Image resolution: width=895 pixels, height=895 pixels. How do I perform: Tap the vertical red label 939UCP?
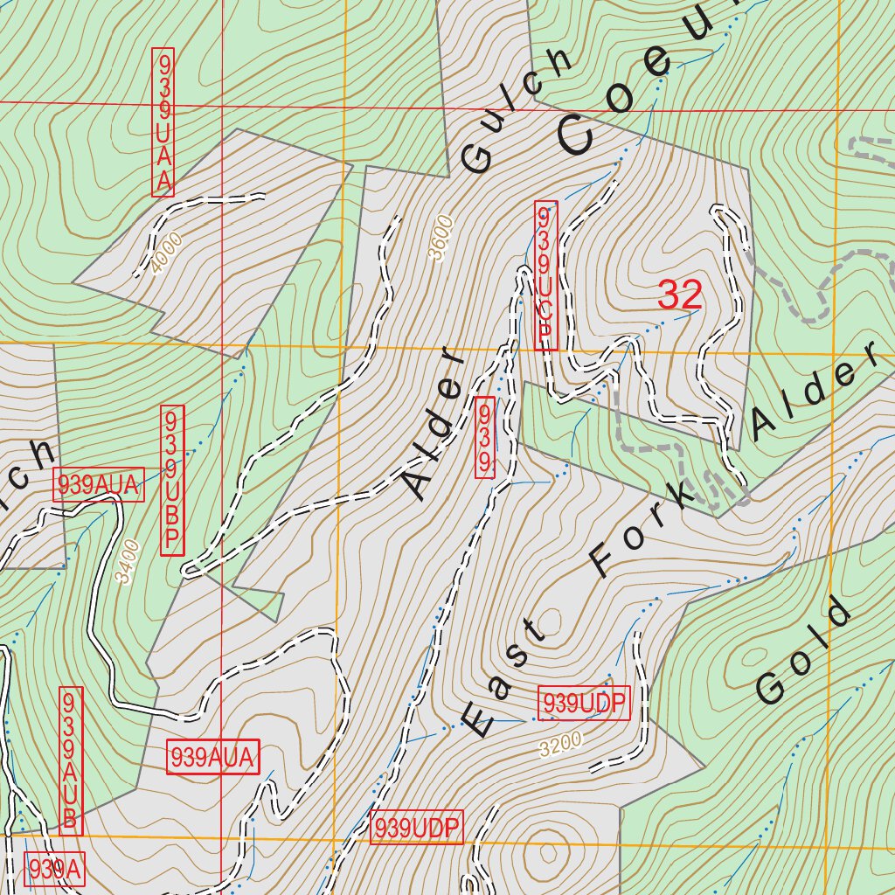[x=545, y=275]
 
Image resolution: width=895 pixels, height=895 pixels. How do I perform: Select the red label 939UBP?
[x=172, y=480]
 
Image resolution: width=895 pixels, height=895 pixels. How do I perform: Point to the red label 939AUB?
[x=71, y=760]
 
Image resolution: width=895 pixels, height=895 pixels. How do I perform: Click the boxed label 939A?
[x=55, y=869]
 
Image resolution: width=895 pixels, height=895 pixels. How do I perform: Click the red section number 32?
[x=680, y=295]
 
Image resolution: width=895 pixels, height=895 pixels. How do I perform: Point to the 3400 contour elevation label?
[x=128, y=563]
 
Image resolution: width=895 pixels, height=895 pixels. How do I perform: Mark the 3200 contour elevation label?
[x=560, y=745]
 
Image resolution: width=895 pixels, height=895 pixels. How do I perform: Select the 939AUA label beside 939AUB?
[x=212, y=757]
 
